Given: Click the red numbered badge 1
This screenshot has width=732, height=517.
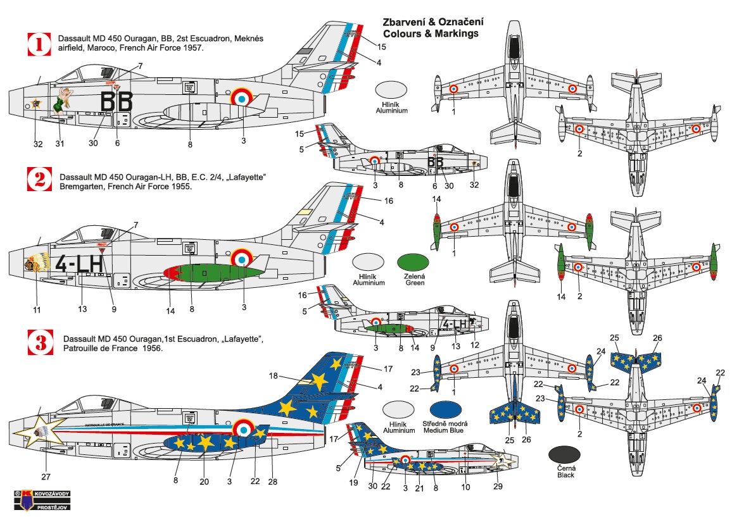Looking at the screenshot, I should (x=39, y=44).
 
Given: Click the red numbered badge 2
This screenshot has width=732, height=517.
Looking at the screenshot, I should (x=39, y=180).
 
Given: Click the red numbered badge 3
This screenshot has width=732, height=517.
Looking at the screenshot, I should (x=39, y=342).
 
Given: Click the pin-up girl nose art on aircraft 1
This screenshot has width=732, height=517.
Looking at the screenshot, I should (x=63, y=101).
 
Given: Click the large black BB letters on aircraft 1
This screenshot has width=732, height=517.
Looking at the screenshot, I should (x=117, y=101).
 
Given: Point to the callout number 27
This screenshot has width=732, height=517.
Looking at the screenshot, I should (x=46, y=477).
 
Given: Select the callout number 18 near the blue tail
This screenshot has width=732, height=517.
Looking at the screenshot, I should (x=273, y=375).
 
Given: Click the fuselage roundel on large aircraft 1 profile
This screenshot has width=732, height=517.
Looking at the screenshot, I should (x=241, y=98).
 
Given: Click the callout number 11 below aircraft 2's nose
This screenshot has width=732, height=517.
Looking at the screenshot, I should (x=36, y=309).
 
